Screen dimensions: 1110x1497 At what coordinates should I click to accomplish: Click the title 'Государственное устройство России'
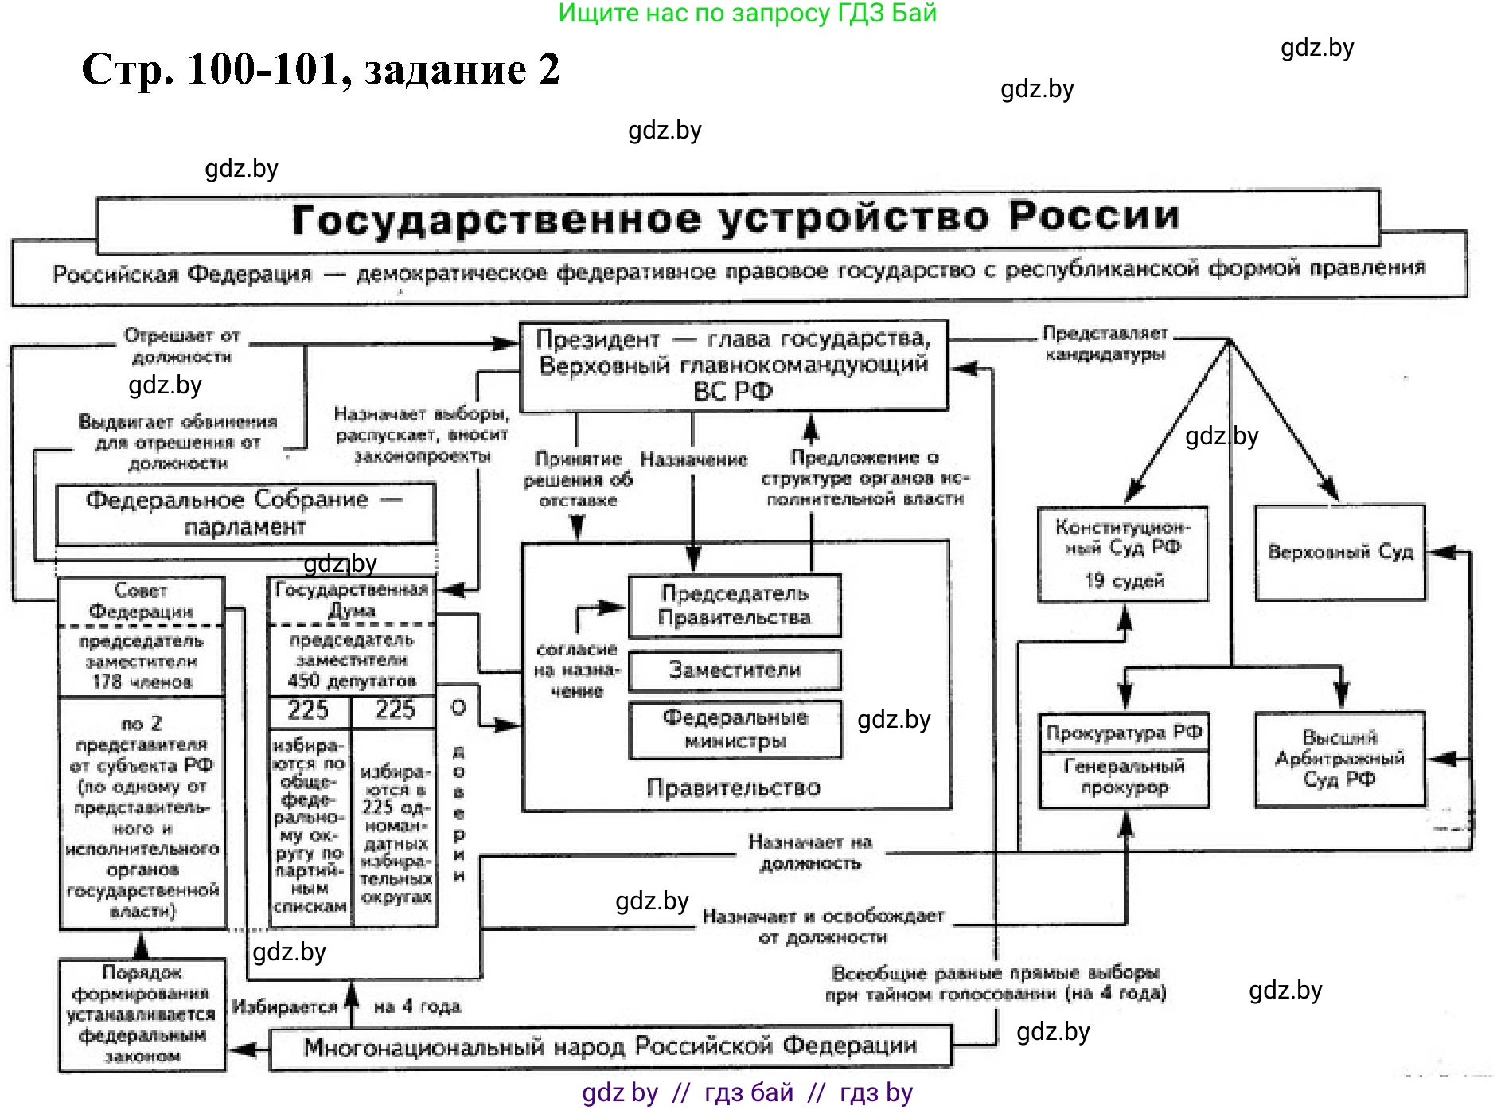tap(736, 218)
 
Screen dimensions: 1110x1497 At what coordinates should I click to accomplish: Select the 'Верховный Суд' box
tap(1339, 552)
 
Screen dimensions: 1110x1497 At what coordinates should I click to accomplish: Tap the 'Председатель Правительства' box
tap(734, 605)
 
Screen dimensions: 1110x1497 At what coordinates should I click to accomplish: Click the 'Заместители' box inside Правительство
tap(734, 670)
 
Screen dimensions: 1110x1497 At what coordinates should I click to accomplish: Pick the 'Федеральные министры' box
tap(734, 729)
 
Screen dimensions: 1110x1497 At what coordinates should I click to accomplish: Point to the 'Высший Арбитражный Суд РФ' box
tap(1339, 758)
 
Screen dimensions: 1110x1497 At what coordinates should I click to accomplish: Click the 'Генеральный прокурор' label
tap(1124, 776)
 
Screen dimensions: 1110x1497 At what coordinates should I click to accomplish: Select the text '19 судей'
tap(1124, 580)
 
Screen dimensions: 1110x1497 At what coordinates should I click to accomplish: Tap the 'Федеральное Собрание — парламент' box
tap(245, 514)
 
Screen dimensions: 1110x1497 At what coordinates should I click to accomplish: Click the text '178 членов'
tap(142, 682)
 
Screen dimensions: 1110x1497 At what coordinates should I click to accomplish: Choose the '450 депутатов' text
tap(352, 681)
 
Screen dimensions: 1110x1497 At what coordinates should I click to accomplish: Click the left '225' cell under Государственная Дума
tap(308, 709)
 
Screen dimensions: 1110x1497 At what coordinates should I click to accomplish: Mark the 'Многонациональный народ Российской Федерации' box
tap(610, 1046)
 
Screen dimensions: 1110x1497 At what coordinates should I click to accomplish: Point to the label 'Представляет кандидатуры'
tap(1105, 343)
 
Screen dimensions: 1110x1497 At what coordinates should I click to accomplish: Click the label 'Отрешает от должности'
tap(181, 346)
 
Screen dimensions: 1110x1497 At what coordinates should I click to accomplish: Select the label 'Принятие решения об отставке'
tap(578, 479)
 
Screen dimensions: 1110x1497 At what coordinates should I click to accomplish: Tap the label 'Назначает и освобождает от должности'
tap(823, 926)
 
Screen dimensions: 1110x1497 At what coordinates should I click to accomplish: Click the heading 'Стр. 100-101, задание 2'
tap(321, 69)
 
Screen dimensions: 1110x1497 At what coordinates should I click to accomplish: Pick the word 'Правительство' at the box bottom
tap(733, 788)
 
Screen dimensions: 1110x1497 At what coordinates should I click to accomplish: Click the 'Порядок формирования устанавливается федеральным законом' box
tap(142, 1014)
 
